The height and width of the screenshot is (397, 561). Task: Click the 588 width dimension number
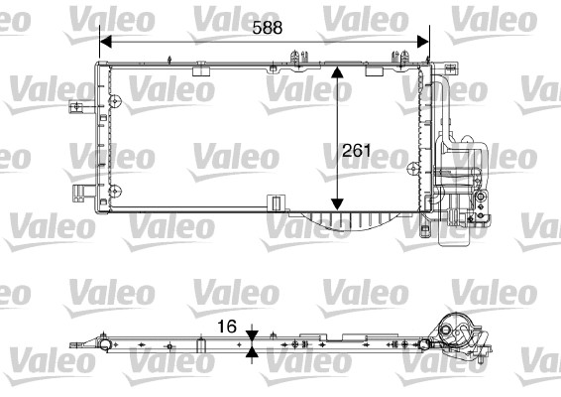(267, 28)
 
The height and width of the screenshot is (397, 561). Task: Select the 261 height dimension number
(356, 151)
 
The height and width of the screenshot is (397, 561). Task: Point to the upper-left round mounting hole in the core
(116, 100)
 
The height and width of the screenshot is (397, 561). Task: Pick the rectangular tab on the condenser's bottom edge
(272, 204)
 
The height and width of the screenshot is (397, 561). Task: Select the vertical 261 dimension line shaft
(339, 119)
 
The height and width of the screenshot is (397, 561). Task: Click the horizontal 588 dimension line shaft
(198, 42)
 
